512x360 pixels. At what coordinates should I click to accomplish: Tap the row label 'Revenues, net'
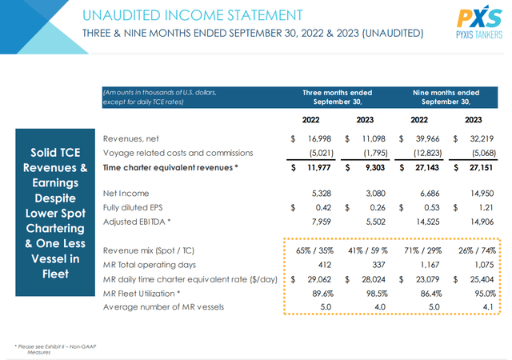tap(136, 139)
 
